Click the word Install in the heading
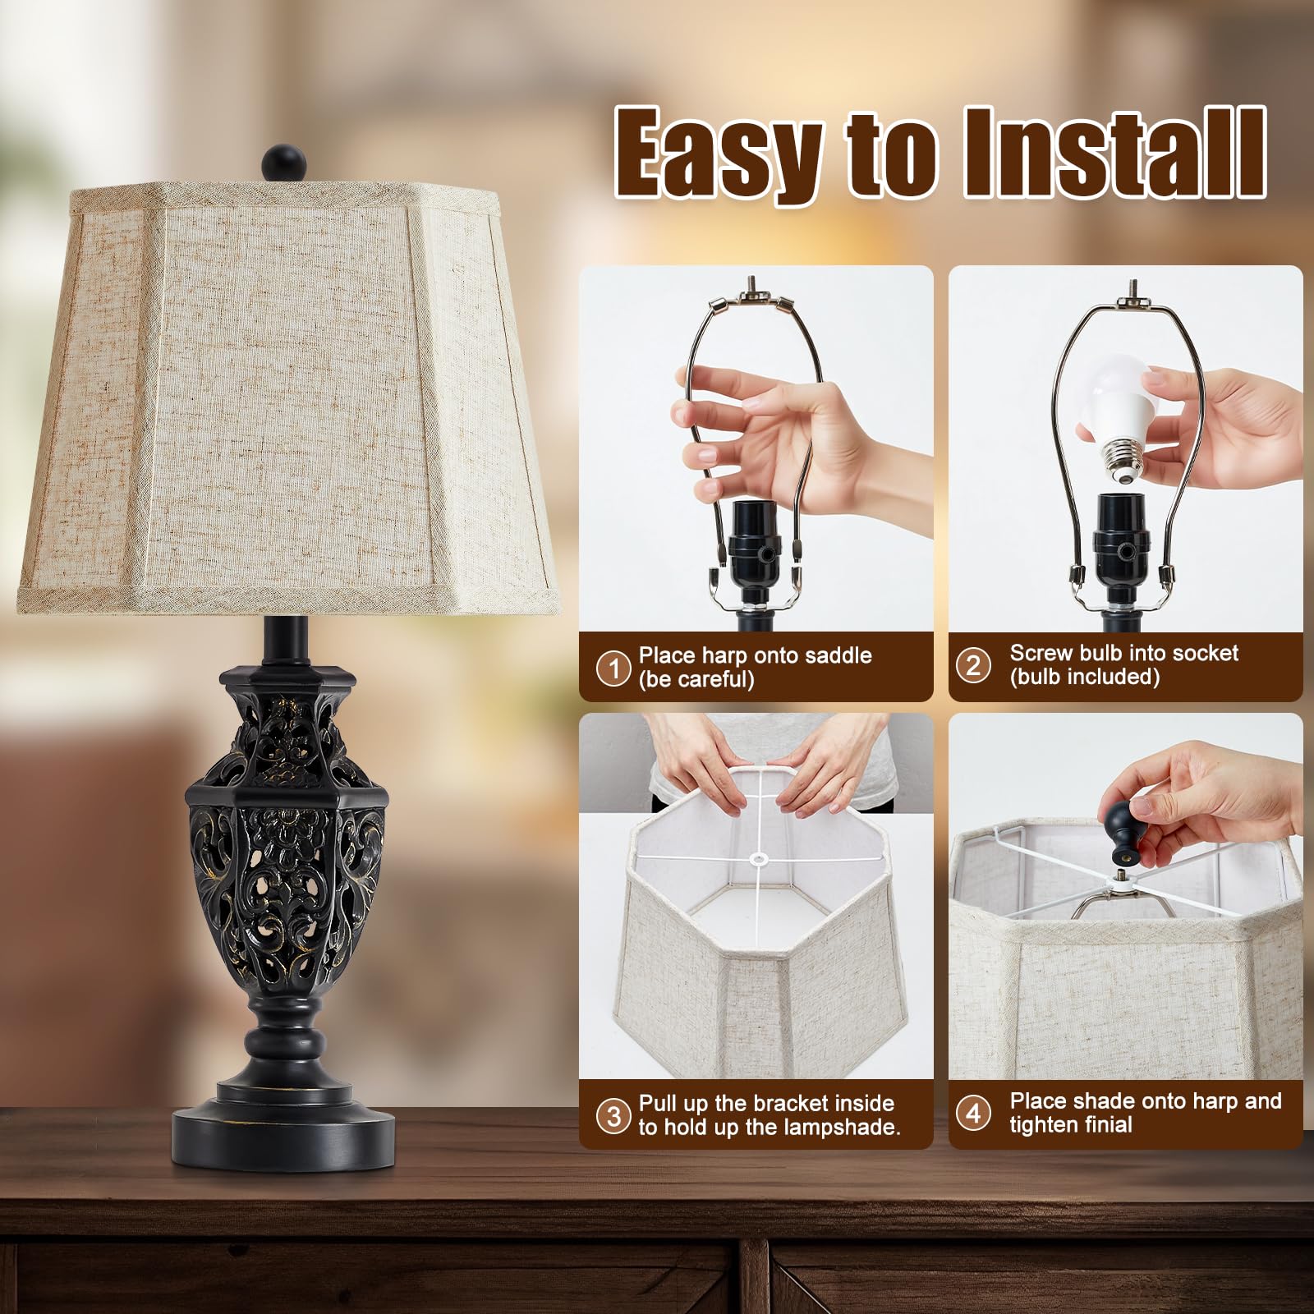(x=1114, y=152)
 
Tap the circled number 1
(x=613, y=668)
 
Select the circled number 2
(x=973, y=664)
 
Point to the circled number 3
(x=613, y=1116)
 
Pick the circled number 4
(x=973, y=1113)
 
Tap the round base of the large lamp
(x=283, y=1129)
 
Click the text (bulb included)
(x=1084, y=677)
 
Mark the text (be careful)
(x=696, y=680)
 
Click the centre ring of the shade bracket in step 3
(x=756, y=861)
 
